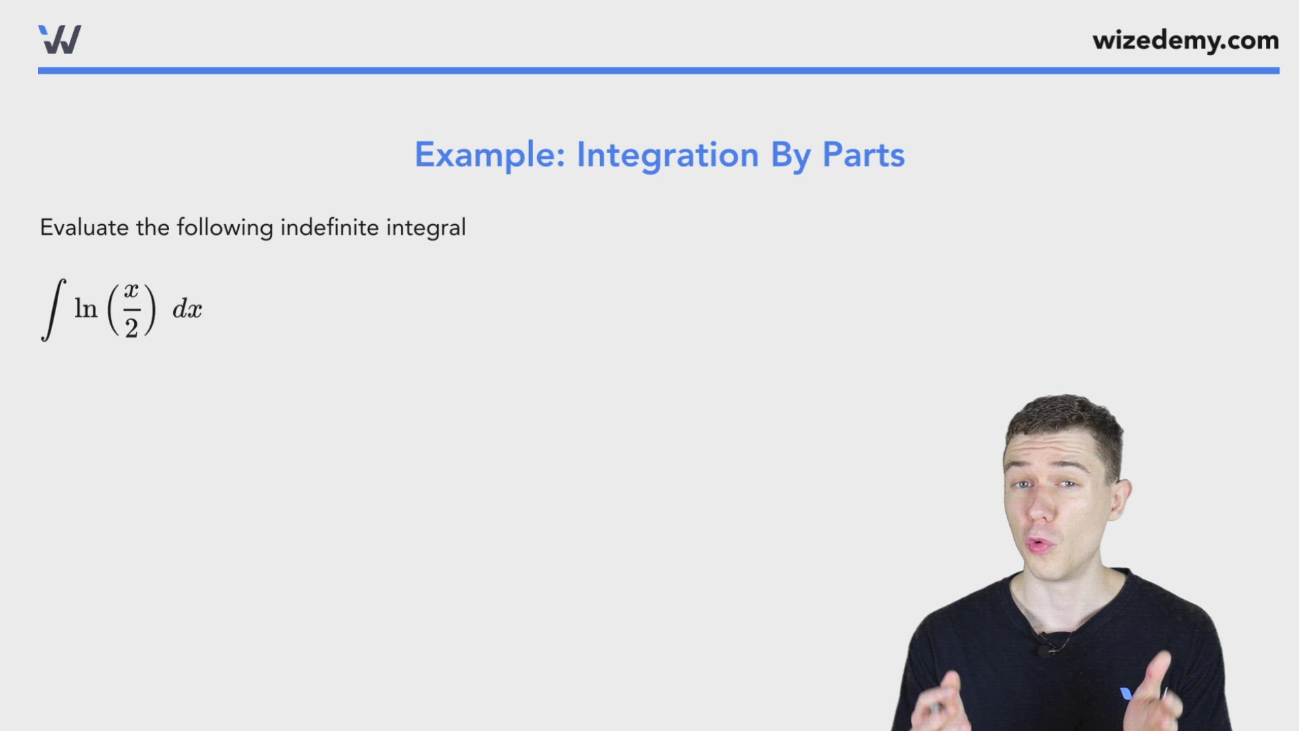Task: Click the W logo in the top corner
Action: coord(60,39)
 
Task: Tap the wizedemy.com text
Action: coord(1185,41)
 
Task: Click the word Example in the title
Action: coord(489,155)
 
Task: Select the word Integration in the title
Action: coord(667,156)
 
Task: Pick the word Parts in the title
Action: coord(863,155)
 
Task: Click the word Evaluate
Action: coord(84,227)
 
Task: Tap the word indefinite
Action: coord(329,227)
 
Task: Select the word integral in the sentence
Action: coord(426,228)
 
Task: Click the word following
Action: coord(225,228)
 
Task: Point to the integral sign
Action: coord(53,309)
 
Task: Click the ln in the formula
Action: coord(86,309)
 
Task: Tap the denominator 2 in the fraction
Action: coord(131,328)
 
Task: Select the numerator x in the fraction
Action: coord(131,291)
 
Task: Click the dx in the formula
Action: coord(187,310)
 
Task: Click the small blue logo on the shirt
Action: coord(1126,693)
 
